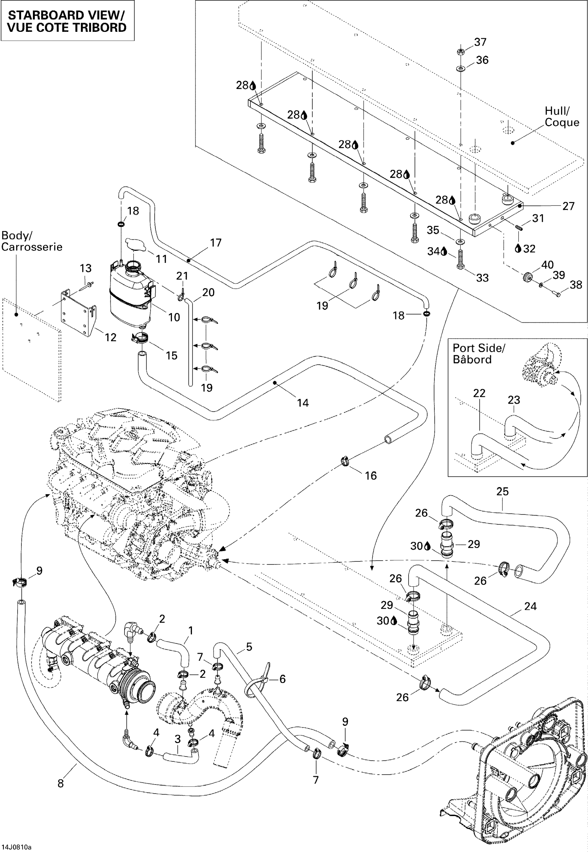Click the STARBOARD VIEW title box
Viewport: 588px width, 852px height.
[67, 21]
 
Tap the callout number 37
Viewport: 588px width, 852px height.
[480, 42]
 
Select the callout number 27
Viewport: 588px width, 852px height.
[568, 206]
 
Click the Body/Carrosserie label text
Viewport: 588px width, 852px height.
[32, 241]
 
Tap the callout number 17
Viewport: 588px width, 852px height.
[216, 243]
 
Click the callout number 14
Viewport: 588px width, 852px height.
[303, 403]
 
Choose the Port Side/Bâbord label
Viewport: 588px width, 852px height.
[478, 354]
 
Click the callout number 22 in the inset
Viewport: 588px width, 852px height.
[479, 393]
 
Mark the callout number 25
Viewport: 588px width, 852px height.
[502, 492]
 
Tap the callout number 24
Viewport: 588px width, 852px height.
[530, 606]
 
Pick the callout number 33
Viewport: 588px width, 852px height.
[482, 278]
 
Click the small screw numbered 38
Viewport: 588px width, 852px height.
[558, 294]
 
